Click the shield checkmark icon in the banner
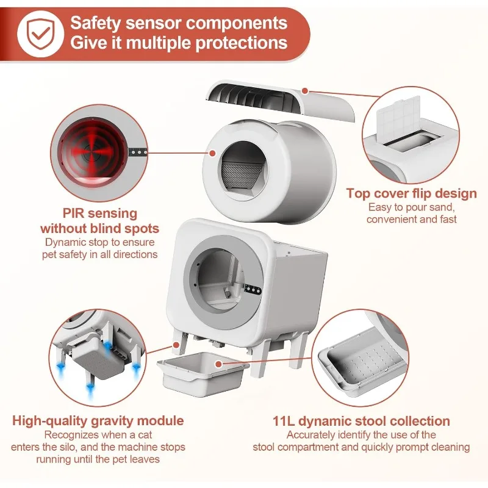pyautogui.click(x=40, y=34)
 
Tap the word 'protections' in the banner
pyautogui.click(x=242, y=42)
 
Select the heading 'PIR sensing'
pyautogui.click(x=100, y=213)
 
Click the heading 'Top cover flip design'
pyautogui.click(x=411, y=193)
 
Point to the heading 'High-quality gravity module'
pyautogui.click(x=98, y=421)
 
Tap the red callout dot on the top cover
pyautogui.click(x=305, y=91)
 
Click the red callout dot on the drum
pyautogui.click(x=212, y=153)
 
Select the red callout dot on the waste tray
pyautogui.click(x=218, y=364)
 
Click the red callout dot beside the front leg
pyautogui.click(x=176, y=345)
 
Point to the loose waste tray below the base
pyautogui.click(x=203, y=372)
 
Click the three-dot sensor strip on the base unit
pyautogui.click(x=253, y=289)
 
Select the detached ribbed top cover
pyautogui.click(x=279, y=100)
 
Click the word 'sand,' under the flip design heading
pyautogui.click(x=441, y=207)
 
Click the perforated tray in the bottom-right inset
pyautogui.click(x=364, y=361)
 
